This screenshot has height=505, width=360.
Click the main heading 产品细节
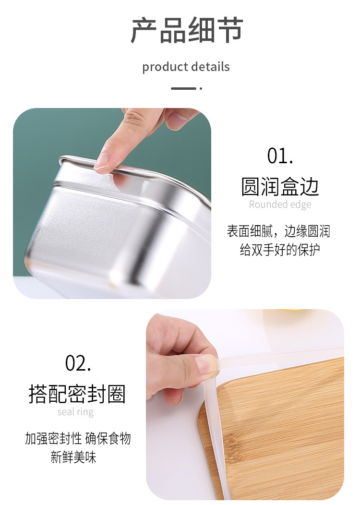coord(186,30)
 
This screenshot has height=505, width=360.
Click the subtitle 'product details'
coord(186,67)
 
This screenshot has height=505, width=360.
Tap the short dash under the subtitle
coord(184,88)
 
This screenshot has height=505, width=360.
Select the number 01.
coord(280,156)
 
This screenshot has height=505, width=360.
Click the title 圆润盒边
coord(280,187)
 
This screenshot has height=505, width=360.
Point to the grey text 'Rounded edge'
coord(280,204)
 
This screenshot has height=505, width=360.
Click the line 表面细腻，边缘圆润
coord(278,231)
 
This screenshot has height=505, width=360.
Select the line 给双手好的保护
coord(279,250)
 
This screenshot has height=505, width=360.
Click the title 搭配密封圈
coord(77,394)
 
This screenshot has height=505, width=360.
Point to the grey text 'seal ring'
coord(75,412)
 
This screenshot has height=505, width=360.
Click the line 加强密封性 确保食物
coord(78,438)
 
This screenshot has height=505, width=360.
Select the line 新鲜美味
coord(73,457)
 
